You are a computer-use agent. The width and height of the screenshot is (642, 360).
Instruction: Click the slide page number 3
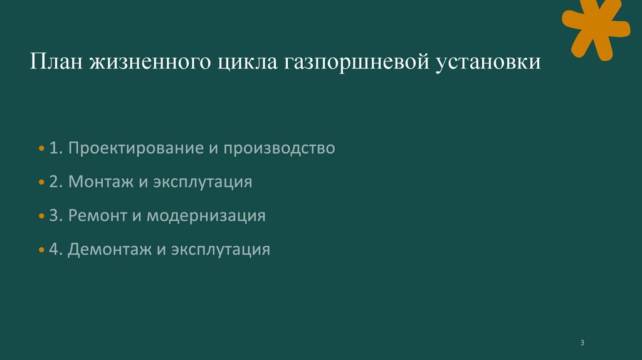(x=582, y=342)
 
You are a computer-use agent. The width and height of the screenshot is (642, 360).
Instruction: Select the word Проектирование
(x=134, y=149)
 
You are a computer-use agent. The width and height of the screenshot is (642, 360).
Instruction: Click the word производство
(x=280, y=149)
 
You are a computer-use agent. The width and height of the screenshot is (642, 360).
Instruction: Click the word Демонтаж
(x=110, y=250)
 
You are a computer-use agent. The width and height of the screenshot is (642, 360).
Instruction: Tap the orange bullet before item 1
(x=41, y=149)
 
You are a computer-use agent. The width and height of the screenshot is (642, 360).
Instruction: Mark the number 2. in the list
(x=55, y=183)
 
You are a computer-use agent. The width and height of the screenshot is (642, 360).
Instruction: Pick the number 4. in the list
(x=55, y=250)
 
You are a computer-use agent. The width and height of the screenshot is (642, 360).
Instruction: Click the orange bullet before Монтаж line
(x=41, y=183)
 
